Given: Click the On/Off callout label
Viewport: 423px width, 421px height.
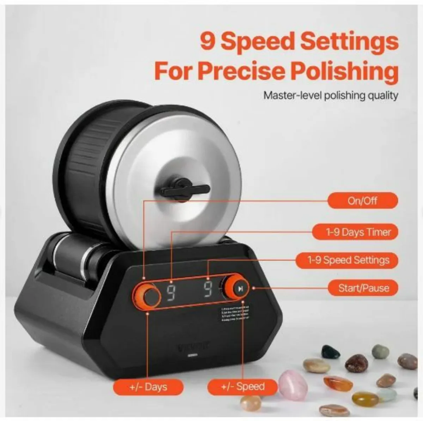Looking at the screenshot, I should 362,201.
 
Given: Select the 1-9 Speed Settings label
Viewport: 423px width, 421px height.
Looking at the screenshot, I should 348,260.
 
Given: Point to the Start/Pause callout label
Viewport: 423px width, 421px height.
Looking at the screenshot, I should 363,288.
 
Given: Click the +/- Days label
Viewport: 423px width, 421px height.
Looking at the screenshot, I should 148,387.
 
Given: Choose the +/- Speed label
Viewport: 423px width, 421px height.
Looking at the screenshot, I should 243,387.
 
